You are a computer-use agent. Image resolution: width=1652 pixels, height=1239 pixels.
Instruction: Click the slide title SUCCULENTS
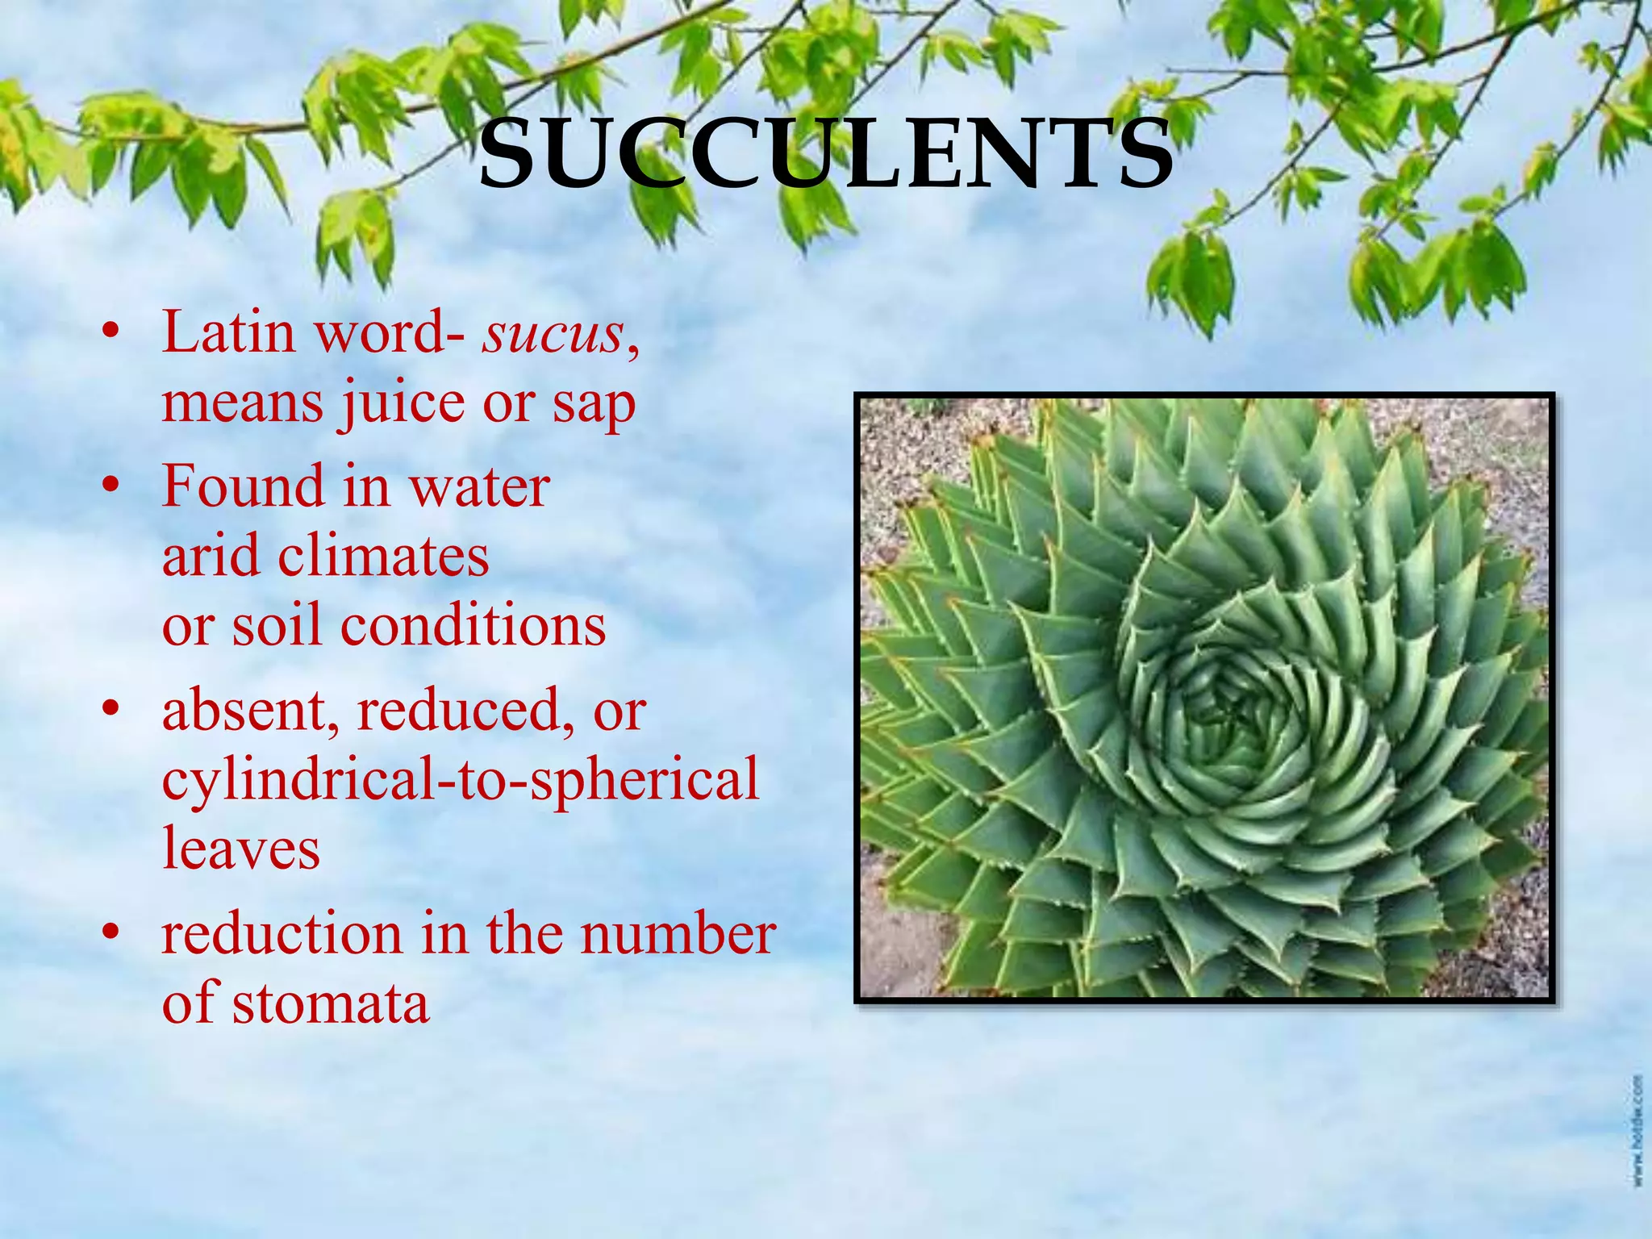pos(825,153)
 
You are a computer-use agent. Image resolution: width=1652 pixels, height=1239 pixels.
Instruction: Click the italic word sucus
pos(553,332)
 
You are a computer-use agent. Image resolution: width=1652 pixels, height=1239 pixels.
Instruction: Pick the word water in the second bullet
pos(479,487)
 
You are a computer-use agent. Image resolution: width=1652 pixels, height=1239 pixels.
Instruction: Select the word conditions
pos(473,625)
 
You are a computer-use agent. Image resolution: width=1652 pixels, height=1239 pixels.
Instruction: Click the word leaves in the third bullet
pos(241,849)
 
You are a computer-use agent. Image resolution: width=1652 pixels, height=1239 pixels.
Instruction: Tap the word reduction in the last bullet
pos(282,933)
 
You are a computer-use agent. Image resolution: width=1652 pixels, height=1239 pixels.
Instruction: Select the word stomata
pos(331,1003)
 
